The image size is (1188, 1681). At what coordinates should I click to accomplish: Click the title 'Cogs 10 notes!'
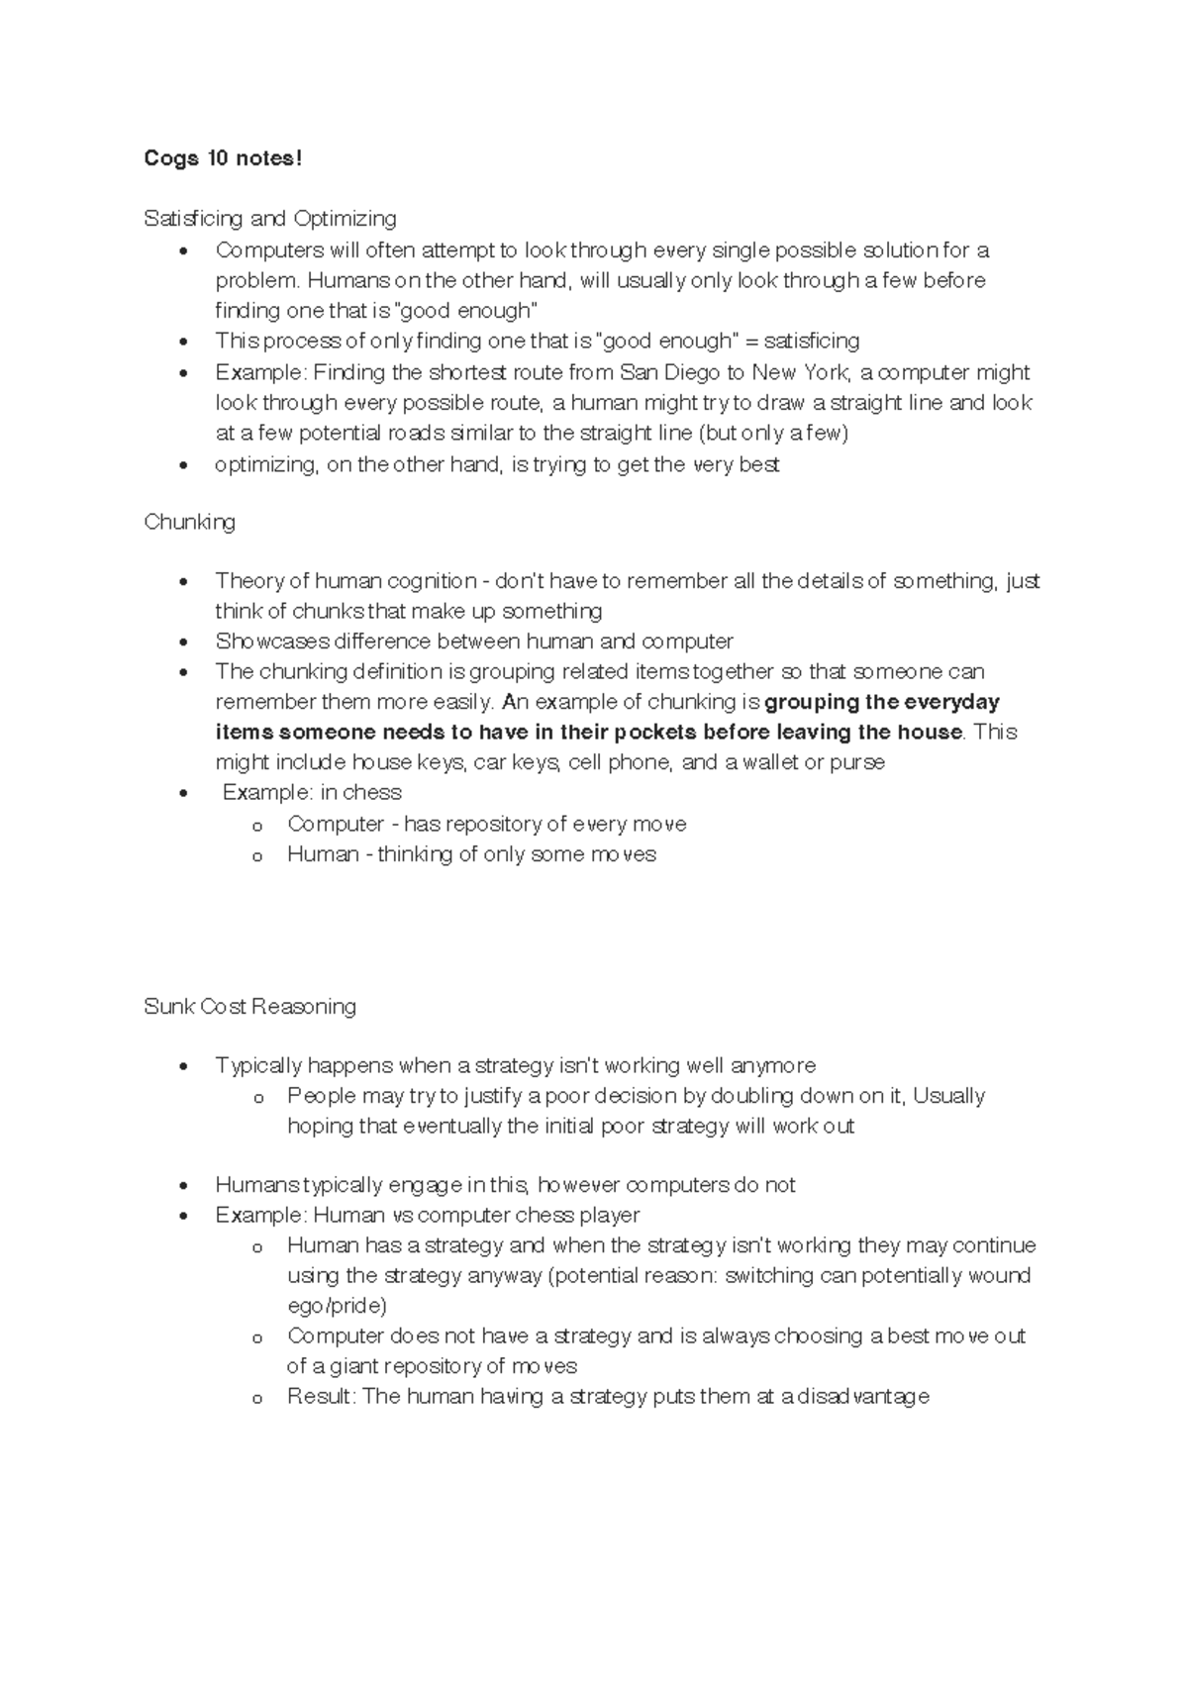point(223,158)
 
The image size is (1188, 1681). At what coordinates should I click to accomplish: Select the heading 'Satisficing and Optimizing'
point(269,218)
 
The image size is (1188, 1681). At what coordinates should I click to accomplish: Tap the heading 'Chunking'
point(189,522)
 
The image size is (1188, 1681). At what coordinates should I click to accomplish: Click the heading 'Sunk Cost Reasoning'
point(249,1007)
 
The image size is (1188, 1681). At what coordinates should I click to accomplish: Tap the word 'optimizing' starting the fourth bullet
point(265,464)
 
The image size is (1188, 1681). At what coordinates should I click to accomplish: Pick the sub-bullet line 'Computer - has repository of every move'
point(486,824)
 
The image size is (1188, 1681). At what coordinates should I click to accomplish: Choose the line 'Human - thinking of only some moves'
point(471,854)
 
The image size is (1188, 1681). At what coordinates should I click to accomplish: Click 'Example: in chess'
point(312,793)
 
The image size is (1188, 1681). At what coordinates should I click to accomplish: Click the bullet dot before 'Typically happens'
point(184,1067)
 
